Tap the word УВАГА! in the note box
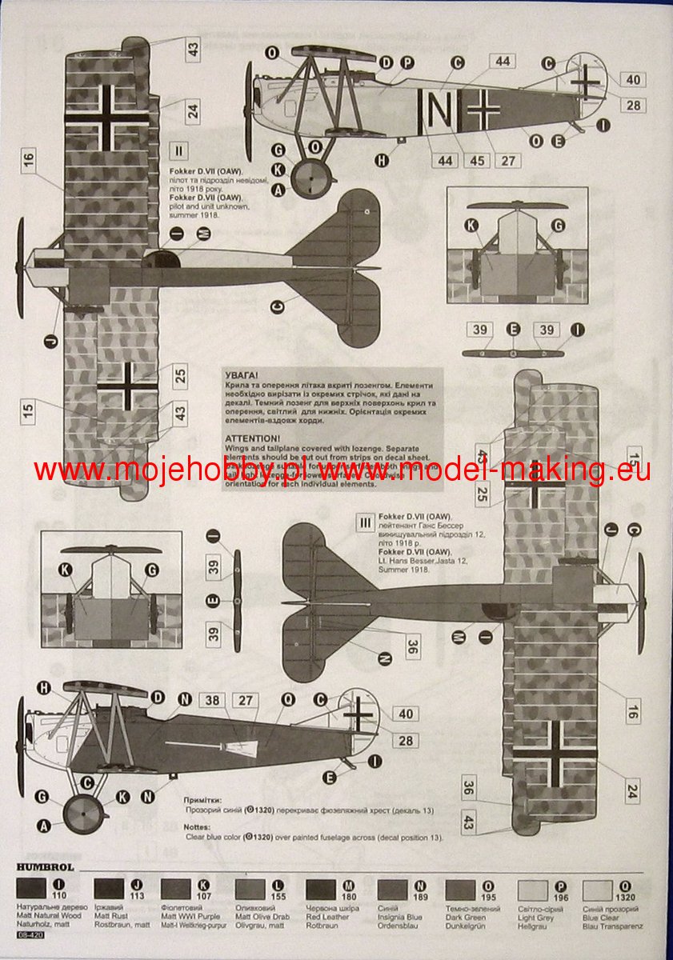(241, 374)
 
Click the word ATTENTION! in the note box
(253, 439)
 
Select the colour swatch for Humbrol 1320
(597, 890)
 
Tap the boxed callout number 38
(212, 701)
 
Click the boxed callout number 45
(478, 160)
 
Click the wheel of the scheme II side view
(310, 179)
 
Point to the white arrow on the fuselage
(232, 746)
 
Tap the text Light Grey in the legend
(531, 918)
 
